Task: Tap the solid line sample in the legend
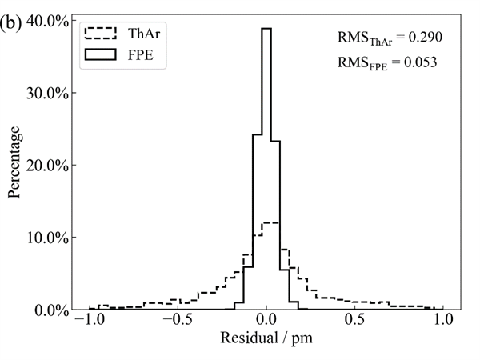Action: pyautogui.click(x=101, y=58)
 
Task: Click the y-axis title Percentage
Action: pyautogui.click(x=15, y=162)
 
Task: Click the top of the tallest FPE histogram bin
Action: pyautogui.click(x=266, y=28)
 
